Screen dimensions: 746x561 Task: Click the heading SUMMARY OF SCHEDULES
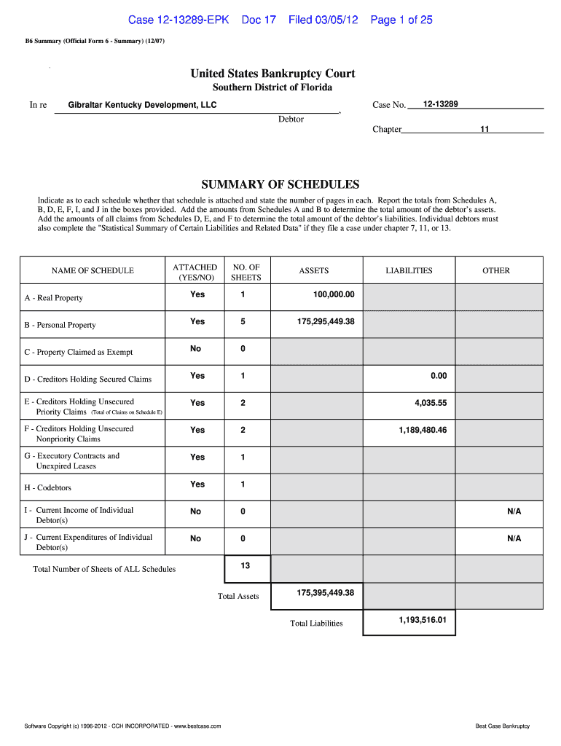tap(280, 184)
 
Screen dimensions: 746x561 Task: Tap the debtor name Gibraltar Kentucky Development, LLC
tap(142, 105)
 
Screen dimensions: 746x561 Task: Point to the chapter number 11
tap(484, 129)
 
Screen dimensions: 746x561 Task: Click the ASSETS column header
tap(314, 270)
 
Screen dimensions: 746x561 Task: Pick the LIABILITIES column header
tap(409, 270)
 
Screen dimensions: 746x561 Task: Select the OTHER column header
tap(496, 270)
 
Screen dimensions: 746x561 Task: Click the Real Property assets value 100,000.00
tap(334, 294)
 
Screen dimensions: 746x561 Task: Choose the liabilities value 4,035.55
tap(431, 403)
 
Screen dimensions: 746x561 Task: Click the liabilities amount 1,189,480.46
tap(422, 430)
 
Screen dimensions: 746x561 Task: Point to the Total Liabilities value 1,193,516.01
tap(422, 620)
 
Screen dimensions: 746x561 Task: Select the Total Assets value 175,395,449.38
tap(325, 592)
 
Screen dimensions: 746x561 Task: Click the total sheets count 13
tap(245, 565)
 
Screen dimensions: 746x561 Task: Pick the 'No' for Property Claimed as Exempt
tap(195, 349)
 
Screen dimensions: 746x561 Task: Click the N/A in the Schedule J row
tap(514, 538)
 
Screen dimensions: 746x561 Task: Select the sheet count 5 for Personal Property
tap(243, 321)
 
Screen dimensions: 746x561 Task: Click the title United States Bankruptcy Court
tap(272, 74)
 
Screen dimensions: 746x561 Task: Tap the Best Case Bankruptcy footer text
tap(502, 726)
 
